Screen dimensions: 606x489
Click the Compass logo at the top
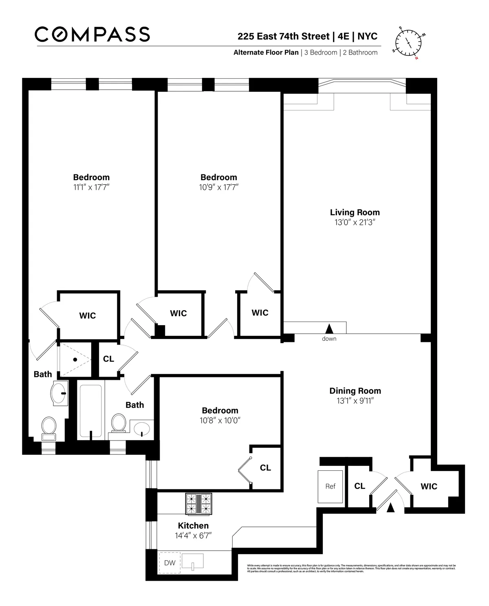(92, 34)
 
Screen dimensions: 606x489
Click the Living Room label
(355, 212)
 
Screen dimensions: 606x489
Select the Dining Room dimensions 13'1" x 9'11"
(355, 401)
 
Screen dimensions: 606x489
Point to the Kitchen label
(193, 526)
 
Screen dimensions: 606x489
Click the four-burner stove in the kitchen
(199, 504)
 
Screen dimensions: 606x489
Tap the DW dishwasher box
(169, 563)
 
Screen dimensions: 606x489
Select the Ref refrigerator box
(330, 486)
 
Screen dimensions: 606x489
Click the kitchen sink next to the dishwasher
(192, 562)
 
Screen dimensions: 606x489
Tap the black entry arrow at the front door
(390, 507)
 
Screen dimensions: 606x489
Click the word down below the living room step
(329, 339)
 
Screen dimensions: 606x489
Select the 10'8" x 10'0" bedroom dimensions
(220, 421)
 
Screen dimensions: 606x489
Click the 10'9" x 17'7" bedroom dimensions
(219, 187)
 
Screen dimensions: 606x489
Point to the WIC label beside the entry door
(429, 486)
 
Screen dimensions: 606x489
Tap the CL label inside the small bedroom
(265, 468)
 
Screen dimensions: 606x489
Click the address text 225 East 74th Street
(283, 36)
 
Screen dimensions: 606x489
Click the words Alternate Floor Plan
(266, 53)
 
